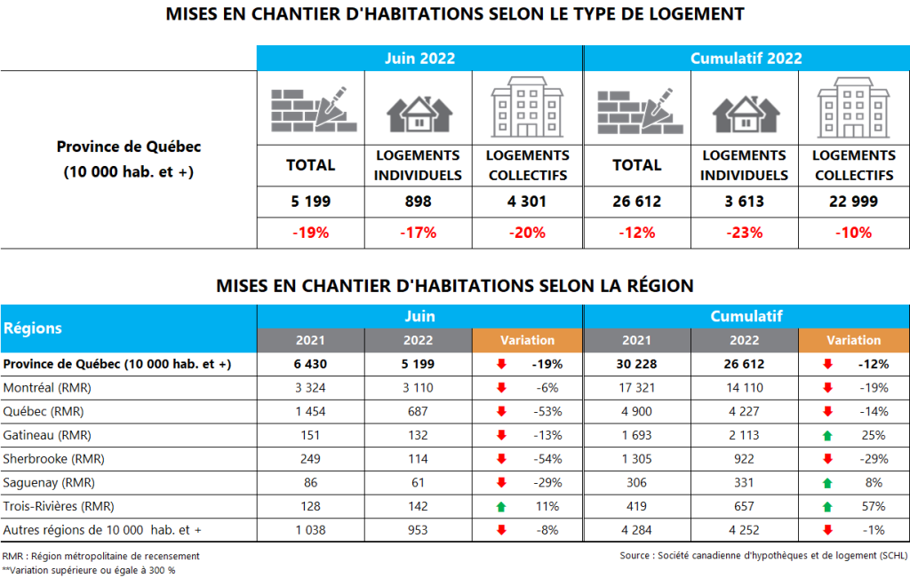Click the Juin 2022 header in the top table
click(x=419, y=59)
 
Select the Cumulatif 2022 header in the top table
click(x=746, y=59)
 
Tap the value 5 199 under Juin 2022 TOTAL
click(x=310, y=202)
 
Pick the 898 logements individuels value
click(x=418, y=202)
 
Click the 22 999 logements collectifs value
click(x=853, y=202)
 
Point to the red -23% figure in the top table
click(x=744, y=233)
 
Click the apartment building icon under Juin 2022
click(x=527, y=107)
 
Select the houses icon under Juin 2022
click(x=418, y=113)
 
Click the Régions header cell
click(x=34, y=328)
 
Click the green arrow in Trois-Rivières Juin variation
click(x=500, y=506)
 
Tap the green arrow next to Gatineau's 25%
click(x=826, y=435)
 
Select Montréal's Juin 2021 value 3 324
click(x=310, y=388)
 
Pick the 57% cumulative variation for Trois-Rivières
click(x=873, y=506)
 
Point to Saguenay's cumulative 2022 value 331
click(x=745, y=482)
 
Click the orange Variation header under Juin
click(x=527, y=340)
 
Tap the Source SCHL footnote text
click(x=763, y=556)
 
